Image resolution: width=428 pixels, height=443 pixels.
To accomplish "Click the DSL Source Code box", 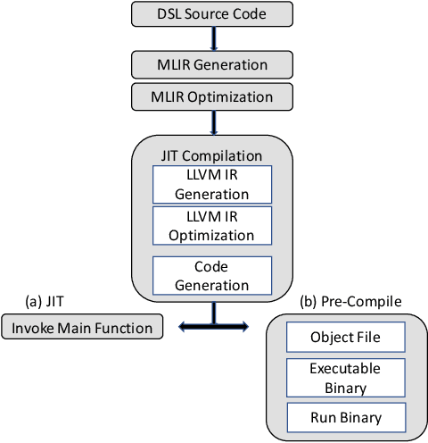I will tap(212, 13).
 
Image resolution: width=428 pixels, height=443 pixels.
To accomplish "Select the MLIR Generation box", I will tap(212, 64).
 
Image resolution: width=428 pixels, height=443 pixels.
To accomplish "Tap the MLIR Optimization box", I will tap(212, 96).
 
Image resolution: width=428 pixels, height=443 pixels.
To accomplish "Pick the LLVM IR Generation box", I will tap(212, 184).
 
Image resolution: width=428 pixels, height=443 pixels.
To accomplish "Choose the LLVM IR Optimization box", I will tap(212, 225).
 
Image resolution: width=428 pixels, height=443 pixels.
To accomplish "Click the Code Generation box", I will tap(212, 276).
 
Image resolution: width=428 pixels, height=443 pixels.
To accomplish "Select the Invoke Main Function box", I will tap(83, 328).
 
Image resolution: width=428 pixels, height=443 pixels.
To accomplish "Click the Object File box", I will tap(345, 338).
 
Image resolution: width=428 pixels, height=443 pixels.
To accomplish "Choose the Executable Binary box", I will tap(345, 378).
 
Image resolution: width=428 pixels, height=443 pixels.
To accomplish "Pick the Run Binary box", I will tap(345, 417).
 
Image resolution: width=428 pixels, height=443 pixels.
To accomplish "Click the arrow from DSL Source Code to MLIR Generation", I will tap(213, 38).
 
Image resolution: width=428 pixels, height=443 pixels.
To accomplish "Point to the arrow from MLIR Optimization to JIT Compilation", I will tap(213, 121).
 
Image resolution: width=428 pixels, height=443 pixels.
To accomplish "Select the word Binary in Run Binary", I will tap(363, 417).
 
